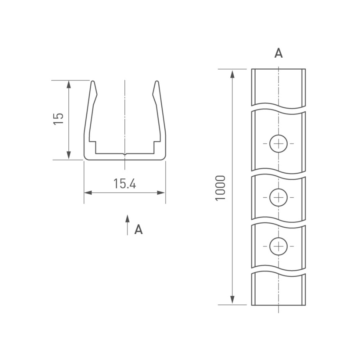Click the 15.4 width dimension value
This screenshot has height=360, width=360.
click(x=125, y=184)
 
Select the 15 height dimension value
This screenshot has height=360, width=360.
click(x=58, y=119)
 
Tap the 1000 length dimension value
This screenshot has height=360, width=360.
click(x=220, y=188)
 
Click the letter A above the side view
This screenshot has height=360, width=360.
click(x=278, y=53)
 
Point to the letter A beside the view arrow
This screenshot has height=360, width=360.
click(x=138, y=229)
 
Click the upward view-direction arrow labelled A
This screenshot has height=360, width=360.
click(x=128, y=225)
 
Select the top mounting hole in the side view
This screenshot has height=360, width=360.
click(x=278, y=144)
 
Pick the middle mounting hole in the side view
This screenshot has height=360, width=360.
click(x=278, y=197)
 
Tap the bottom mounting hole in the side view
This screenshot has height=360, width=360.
click(x=278, y=246)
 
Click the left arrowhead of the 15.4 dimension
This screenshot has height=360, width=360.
click(x=88, y=193)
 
